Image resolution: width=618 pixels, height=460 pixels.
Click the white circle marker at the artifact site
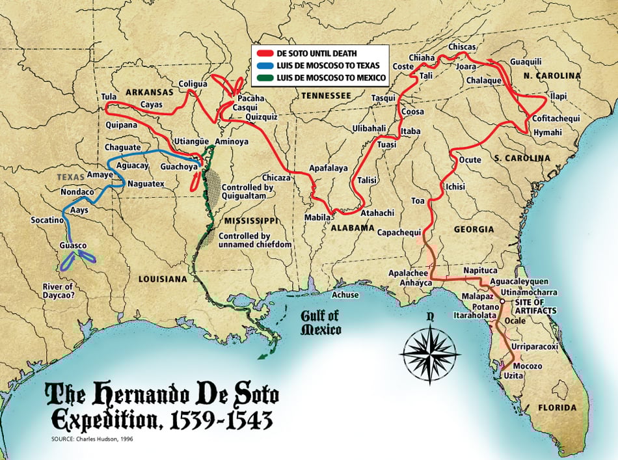(502, 303)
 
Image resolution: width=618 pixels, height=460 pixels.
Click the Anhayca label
(407, 282)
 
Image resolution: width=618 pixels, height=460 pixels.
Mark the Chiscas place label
(463, 47)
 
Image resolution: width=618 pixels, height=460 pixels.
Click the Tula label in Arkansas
(109, 97)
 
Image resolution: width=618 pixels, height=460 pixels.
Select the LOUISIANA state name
(163, 278)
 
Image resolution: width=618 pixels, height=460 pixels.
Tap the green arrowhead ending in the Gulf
(261, 355)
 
